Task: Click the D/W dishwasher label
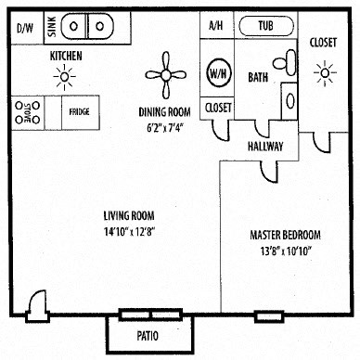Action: pos(23,27)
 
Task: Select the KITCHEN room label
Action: pos(66,57)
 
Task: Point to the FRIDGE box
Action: pos(79,112)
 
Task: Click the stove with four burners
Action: pos(25,112)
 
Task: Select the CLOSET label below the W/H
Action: pos(217,107)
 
